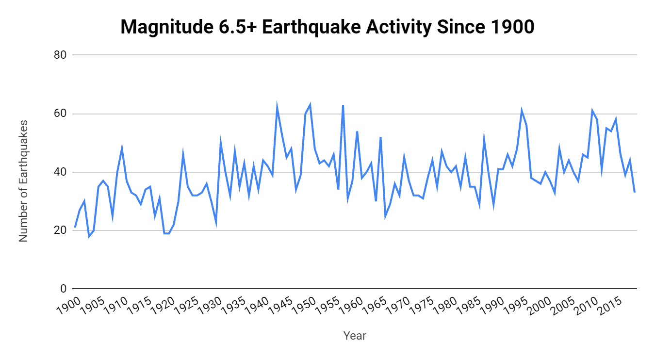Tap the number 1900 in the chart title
[x=509, y=27]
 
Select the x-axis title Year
[x=355, y=335]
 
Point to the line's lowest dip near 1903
[x=89, y=236]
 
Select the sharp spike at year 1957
[x=343, y=105]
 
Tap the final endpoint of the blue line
[x=635, y=193]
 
